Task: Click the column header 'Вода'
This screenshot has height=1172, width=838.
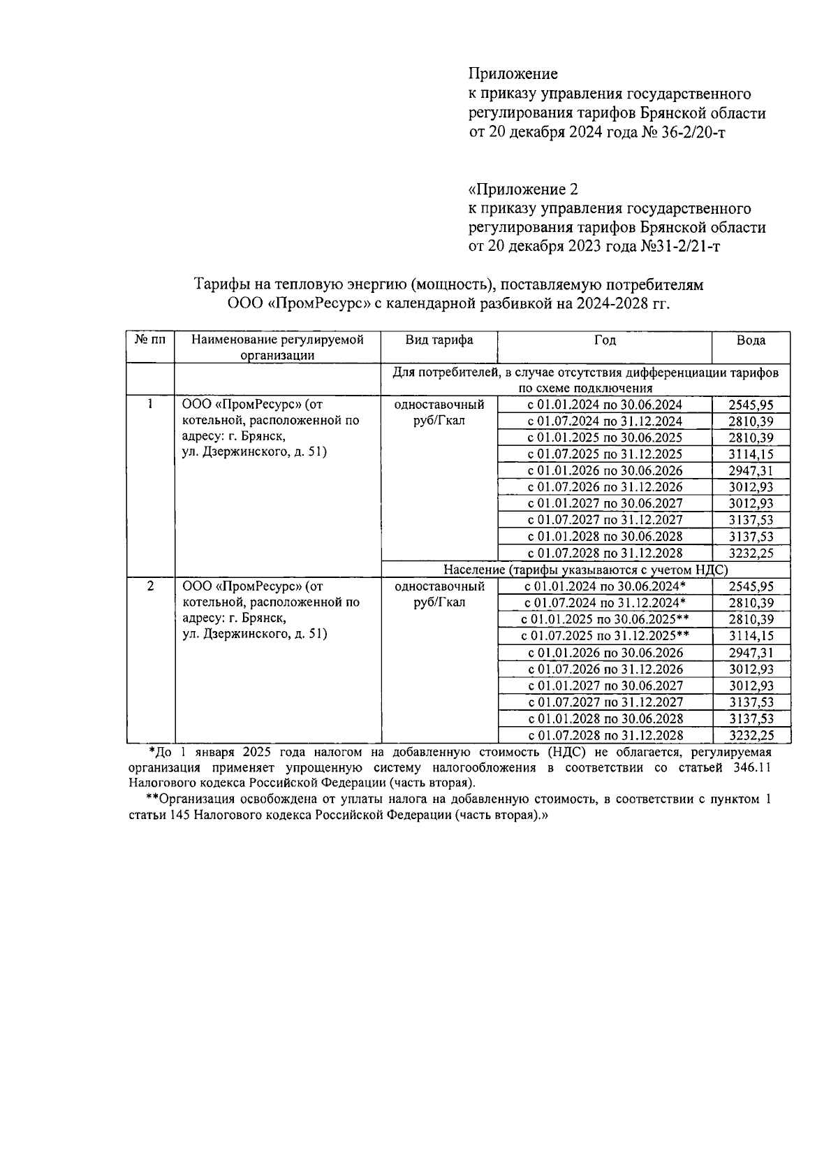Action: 751,340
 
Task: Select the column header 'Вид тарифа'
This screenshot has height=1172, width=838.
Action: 439,340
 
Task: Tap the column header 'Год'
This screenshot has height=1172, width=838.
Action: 605,340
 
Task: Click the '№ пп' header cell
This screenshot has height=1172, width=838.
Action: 150,340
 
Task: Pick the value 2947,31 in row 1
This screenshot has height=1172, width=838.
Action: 751,471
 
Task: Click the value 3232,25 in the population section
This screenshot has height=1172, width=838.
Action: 751,735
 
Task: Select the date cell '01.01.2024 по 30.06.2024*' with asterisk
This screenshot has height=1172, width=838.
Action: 605,587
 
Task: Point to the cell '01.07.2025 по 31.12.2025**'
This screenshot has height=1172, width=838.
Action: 605,636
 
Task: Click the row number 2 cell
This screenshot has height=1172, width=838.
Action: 150,586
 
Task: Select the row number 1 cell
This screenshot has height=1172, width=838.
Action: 150,404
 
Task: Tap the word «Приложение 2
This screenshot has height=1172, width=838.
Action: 523,189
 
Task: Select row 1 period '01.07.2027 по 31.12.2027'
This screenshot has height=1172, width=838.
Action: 605,520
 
